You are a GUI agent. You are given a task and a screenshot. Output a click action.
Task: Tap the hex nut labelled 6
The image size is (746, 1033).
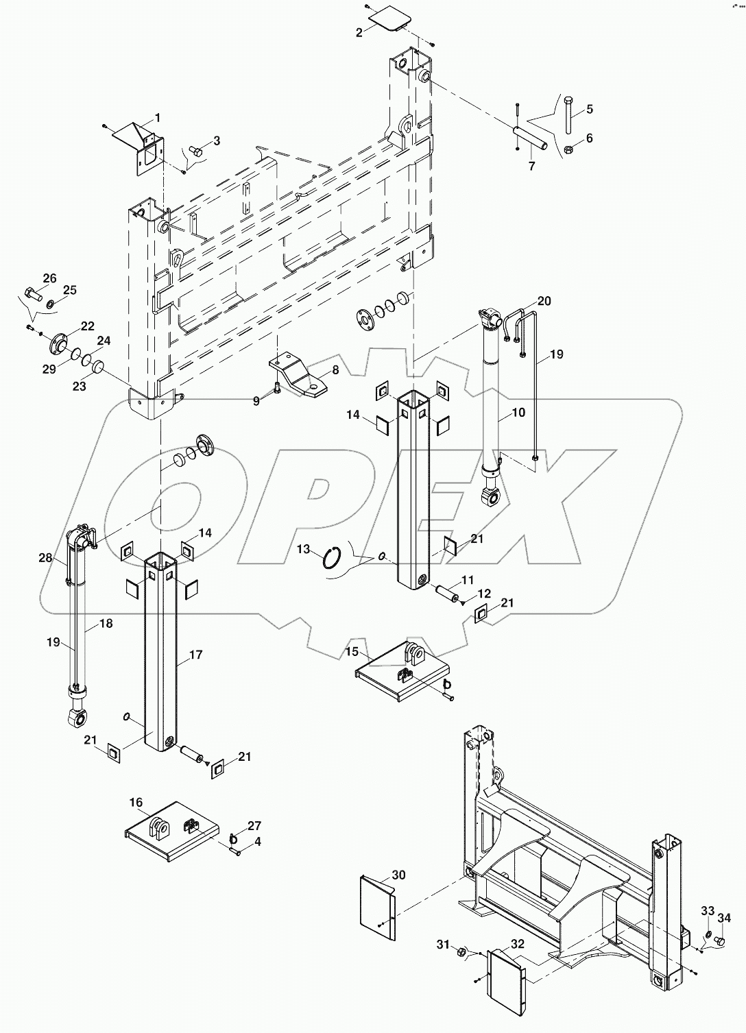(x=568, y=149)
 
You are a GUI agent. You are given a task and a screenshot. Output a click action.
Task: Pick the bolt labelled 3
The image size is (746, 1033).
(x=195, y=150)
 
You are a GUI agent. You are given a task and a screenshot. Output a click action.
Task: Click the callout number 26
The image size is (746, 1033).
(x=49, y=278)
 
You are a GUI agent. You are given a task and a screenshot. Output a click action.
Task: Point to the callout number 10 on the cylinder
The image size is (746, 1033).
(x=518, y=413)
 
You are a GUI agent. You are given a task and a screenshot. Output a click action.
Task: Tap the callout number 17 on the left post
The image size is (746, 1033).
(x=195, y=655)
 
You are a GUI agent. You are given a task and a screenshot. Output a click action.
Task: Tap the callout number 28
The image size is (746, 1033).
(x=46, y=559)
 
